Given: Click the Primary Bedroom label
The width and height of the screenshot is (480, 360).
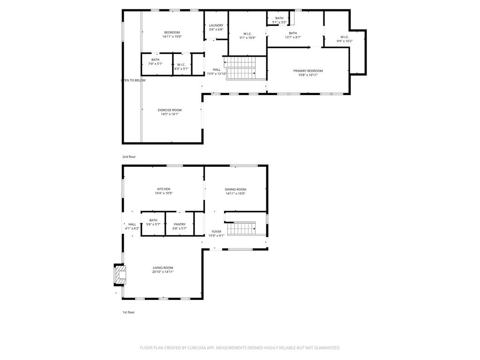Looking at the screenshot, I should (308, 71).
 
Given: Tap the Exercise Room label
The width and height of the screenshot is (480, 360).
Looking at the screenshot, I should (170, 110).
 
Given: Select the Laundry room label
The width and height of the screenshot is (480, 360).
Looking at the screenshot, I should (216, 25).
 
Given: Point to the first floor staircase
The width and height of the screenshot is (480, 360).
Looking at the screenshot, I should (240, 228).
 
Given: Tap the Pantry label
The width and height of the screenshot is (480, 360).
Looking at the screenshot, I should (180, 224).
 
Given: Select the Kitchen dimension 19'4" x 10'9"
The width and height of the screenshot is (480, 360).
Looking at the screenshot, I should (164, 193).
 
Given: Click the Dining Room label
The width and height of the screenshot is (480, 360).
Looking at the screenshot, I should (235, 189).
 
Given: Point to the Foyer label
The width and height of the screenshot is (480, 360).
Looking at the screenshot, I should (216, 232).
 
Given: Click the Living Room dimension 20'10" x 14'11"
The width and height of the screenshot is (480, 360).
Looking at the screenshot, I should (163, 271).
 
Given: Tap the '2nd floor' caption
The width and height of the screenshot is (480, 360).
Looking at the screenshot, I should (129, 157).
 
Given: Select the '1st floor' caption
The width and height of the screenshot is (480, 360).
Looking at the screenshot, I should (128, 312).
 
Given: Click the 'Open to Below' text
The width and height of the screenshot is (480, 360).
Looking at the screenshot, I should (134, 80).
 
